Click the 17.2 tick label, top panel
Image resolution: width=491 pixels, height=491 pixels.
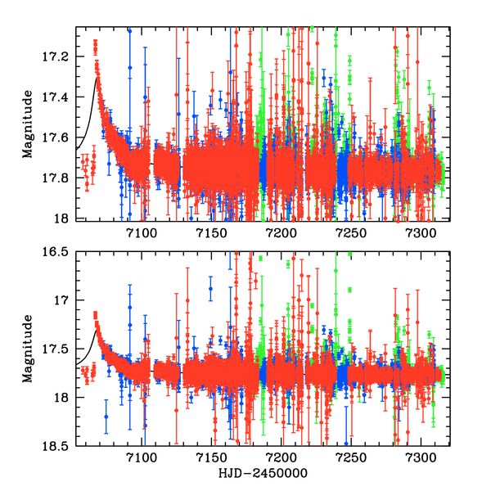pyautogui.click(x=61, y=56)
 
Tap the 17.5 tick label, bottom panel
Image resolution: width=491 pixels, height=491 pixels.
pyautogui.click(x=61, y=349)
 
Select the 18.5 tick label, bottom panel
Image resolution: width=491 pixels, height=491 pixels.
pyautogui.click(x=61, y=446)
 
